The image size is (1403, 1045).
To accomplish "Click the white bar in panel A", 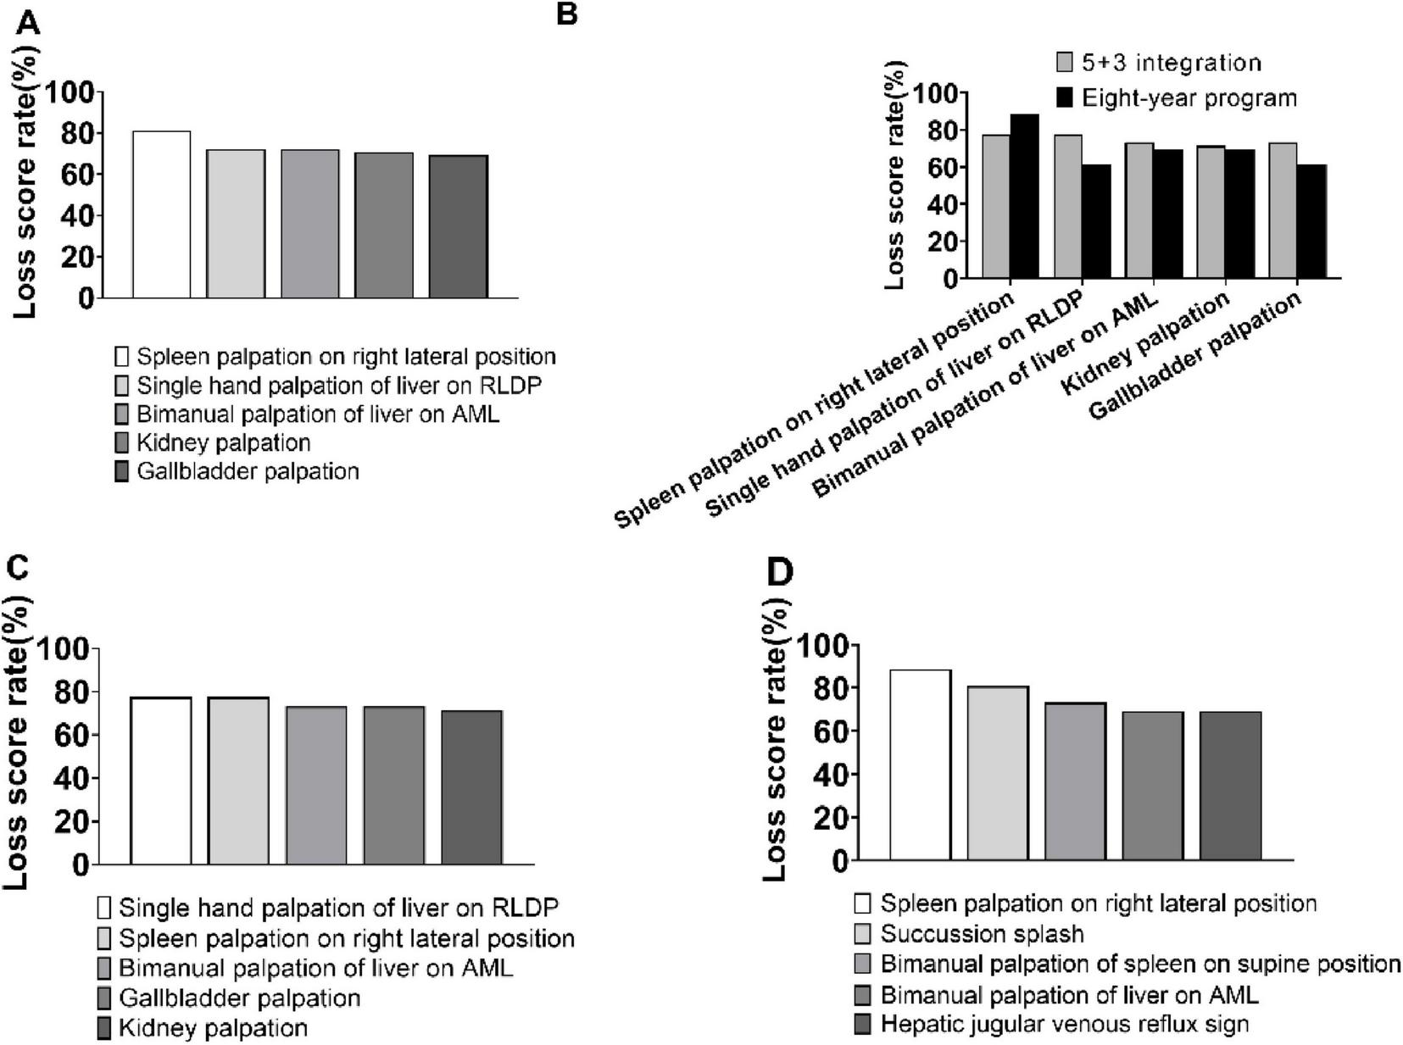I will pyautogui.click(x=161, y=214).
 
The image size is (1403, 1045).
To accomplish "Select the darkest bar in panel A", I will pyautogui.click(x=458, y=226).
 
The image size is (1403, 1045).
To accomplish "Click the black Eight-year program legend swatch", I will pyautogui.click(x=1065, y=97).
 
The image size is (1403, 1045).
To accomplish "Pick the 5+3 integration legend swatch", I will pyautogui.click(x=1065, y=63).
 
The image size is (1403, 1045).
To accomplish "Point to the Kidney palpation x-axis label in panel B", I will pyautogui.click(x=1146, y=342).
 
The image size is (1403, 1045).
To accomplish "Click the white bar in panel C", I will pyautogui.click(x=161, y=781).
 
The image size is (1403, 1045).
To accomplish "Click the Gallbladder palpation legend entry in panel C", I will pyautogui.click(x=239, y=998).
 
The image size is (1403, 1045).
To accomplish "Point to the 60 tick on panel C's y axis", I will pyautogui.click(x=73, y=735).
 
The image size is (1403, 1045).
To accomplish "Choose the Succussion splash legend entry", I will pyautogui.click(x=982, y=934).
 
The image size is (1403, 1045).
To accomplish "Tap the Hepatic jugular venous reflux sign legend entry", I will pyautogui.click(x=1064, y=1024).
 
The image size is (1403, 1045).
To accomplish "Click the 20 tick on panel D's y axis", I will pyautogui.click(x=831, y=818).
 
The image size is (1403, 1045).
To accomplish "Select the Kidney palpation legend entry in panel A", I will pyautogui.click(x=223, y=442).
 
